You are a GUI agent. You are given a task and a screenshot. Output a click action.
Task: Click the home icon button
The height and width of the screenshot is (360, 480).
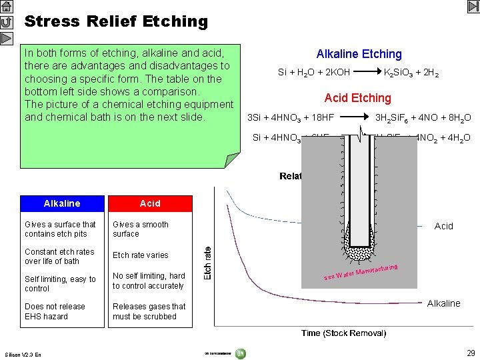(6, 7)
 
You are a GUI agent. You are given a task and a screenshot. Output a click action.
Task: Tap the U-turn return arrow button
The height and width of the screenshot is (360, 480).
(6, 22)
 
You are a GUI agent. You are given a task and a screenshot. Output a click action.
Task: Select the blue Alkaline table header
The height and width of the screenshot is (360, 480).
(61, 203)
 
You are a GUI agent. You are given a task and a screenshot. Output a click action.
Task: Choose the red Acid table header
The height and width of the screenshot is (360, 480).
(150, 203)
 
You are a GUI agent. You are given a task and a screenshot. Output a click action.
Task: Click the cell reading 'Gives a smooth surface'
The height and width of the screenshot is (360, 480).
(141, 229)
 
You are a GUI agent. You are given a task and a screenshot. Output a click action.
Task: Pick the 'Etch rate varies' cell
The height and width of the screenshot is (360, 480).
(141, 255)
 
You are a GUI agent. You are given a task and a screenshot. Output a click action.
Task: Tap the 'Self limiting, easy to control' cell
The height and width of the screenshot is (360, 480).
(60, 284)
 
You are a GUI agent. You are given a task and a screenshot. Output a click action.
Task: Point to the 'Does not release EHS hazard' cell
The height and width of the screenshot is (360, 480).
(55, 311)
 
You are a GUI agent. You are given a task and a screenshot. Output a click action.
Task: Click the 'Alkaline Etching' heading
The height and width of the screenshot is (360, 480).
(359, 54)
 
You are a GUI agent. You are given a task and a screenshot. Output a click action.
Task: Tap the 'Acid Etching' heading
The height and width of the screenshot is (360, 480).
(357, 98)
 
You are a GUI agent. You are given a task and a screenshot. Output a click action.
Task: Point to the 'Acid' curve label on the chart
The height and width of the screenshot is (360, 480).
(443, 227)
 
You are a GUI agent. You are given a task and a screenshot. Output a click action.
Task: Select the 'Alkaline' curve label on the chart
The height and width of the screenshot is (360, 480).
(443, 303)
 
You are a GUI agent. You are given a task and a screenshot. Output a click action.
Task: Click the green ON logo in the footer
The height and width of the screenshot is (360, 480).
(240, 353)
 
